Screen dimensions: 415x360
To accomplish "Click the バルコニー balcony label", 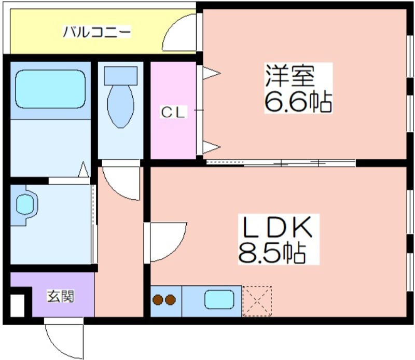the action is coord(97,32).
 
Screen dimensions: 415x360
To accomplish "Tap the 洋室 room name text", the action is coord(290,76).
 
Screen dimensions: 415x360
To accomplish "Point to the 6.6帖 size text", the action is coord(298,102).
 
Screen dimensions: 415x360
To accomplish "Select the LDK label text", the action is coord(278,227).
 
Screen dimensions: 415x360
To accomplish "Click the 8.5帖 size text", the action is coord(272,253).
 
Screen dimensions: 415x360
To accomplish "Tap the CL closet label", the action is coord(173,113).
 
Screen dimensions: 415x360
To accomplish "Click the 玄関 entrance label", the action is coord(61,296).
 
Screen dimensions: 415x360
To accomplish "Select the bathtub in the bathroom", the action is coord(50,89).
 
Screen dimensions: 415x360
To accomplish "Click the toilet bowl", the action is coord(120,106).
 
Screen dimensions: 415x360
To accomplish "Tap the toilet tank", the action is coord(121,76).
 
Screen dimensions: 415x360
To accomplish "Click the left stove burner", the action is coord(158,300).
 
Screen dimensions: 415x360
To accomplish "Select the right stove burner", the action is coord(170,300).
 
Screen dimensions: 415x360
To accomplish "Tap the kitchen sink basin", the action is coord(219,299).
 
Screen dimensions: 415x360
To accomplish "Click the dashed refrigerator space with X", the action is coord(257,301).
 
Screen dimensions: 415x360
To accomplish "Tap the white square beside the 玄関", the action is coord(18,306).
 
